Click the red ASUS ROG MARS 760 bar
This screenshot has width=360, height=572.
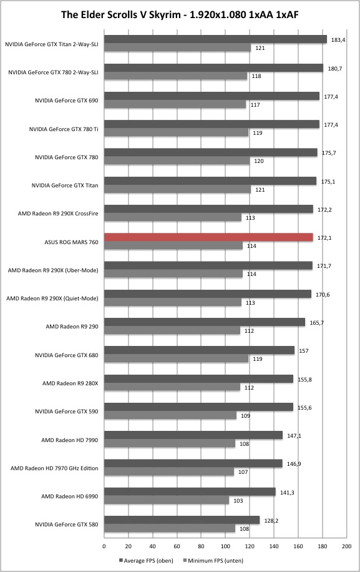coord(208,237)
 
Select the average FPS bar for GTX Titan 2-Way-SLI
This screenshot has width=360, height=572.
coord(215,39)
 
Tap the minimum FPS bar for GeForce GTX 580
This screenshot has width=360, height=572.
coord(170,528)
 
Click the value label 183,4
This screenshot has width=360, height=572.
coord(338,40)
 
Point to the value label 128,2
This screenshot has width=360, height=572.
coord(271,521)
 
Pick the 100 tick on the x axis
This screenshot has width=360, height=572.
coord(225,546)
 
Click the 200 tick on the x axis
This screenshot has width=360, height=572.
coord(346,546)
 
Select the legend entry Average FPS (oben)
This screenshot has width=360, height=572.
coord(146,560)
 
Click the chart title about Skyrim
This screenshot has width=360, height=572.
coord(180,14)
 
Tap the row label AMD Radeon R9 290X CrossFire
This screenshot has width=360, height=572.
coord(58,214)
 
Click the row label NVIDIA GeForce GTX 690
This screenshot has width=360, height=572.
coord(67,101)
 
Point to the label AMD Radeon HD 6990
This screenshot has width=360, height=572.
coord(70,496)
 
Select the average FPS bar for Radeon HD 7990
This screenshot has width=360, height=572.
coord(193,435)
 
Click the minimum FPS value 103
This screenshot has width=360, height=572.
coord(238,501)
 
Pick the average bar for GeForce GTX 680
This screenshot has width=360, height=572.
coord(199,350)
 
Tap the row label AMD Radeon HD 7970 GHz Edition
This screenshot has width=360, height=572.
coord(54,468)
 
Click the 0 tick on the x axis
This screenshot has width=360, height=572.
coord(104,546)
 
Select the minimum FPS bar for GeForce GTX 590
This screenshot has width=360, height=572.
coord(170,415)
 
